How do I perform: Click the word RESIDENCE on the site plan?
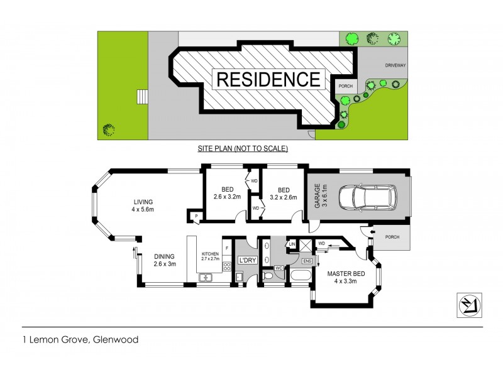point(268,80)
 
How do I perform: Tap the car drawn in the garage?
point(367,199)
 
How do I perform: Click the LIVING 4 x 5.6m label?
point(143,205)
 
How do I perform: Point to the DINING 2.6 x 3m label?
point(164,260)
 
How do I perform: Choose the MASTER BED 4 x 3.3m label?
point(345,277)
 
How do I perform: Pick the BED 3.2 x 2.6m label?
point(284,193)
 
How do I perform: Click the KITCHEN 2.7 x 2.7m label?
point(209,256)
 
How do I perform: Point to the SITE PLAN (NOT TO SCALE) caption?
point(242,149)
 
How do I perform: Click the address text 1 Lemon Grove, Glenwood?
point(80,340)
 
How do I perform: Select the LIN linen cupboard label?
point(292,244)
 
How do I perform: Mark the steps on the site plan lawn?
point(142,97)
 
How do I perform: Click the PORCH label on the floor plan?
point(392,237)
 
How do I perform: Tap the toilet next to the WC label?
point(268,275)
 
